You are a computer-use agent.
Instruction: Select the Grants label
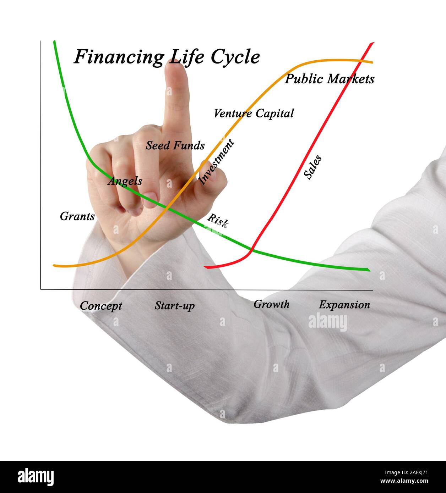pyautogui.click(x=77, y=216)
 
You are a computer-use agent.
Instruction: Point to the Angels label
pyautogui.click(x=125, y=181)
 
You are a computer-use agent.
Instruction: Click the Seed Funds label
pyautogui.click(x=175, y=145)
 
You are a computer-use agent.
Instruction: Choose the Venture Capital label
pyautogui.click(x=254, y=113)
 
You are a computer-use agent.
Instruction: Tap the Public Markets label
pyautogui.click(x=329, y=79)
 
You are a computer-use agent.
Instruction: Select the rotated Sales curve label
pyautogui.click(x=313, y=167)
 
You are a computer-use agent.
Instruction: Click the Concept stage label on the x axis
pyautogui.click(x=101, y=306)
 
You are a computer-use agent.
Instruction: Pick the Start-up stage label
pyautogui.click(x=174, y=305)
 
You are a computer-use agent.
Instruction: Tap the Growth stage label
pyautogui.click(x=271, y=304)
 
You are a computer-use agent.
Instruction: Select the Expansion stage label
pyautogui.click(x=344, y=305)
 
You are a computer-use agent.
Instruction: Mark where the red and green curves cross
pyautogui.click(x=251, y=251)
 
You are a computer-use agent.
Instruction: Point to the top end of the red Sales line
pyautogui.click(x=372, y=44)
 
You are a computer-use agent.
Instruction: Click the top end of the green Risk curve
pyautogui.click(x=54, y=42)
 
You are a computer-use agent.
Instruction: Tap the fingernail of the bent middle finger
pyautogui.click(x=151, y=197)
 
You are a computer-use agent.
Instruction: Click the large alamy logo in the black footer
pyautogui.click(x=36, y=477)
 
